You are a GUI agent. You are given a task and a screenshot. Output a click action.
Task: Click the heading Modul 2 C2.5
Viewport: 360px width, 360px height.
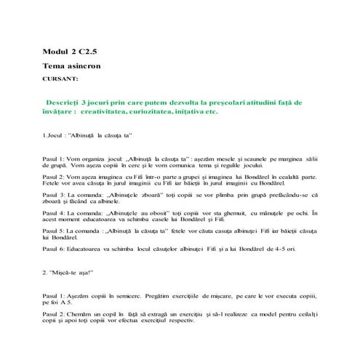pyautogui.click(x=71, y=53)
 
